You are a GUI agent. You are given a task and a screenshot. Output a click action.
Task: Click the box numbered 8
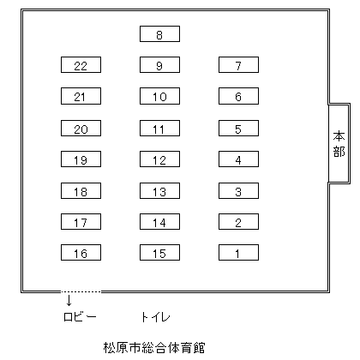pyautogui.click(x=159, y=34)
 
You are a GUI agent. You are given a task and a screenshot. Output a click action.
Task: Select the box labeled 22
pyautogui.click(x=81, y=64)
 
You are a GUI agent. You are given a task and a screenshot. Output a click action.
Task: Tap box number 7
pyautogui.click(x=238, y=64)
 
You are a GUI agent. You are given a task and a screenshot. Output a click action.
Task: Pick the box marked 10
pyautogui.click(x=159, y=96)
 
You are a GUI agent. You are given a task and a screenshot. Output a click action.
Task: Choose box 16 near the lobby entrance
pyautogui.click(x=81, y=253)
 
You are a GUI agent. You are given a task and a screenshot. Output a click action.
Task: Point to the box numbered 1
pyautogui.click(x=238, y=253)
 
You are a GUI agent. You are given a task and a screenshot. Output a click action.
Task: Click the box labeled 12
pyautogui.click(x=159, y=159)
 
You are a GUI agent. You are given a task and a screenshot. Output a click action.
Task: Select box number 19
pyautogui.click(x=81, y=159)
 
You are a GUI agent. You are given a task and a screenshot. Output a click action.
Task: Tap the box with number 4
pyautogui.click(x=238, y=159)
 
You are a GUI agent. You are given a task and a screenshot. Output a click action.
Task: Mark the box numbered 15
pyautogui.click(x=159, y=253)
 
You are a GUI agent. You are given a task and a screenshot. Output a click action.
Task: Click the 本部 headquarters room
pyautogui.click(x=339, y=143)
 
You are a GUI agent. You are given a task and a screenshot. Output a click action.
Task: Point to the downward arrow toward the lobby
pyautogui.click(x=69, y=300)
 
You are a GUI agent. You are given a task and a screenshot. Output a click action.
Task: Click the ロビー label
pyautogui.click(x=80, y=316)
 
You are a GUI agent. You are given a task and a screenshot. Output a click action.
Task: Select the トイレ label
pyautogui.click(x=155, y=317)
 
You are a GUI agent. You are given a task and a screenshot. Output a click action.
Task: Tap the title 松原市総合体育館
pyautogui.click(x=154, y=347)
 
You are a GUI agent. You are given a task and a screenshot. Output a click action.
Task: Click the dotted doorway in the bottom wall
pyautogui.click(x=81, y=291)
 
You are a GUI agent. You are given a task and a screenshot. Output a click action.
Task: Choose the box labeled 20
pyautogui.click(x=81, y=128)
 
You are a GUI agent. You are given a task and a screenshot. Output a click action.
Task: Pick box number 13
pyautogui.click(x=159, y=190)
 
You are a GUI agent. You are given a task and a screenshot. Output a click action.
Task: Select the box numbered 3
pyautogui.click(x=238, y=190)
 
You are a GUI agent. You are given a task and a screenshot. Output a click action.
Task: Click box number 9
pyautogui.click(x=159, y=64)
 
